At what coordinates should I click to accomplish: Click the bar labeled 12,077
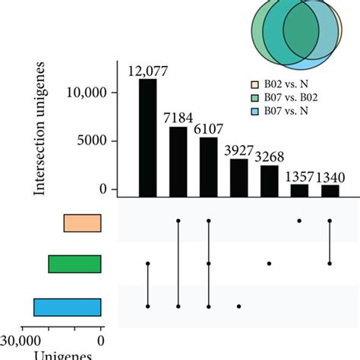[x=147, y=137]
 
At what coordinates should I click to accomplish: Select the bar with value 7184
[x=178, y=160]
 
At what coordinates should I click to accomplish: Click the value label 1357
[x=299, y=176]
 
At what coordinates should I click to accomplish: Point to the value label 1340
[x=330, y=176]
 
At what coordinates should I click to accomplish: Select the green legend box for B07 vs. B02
[x=256, y=98]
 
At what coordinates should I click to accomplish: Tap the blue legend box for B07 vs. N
[x=256, y=110]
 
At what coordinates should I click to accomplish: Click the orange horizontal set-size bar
[x=82, y=223]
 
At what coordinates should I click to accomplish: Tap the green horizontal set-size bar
[x=74, y=264]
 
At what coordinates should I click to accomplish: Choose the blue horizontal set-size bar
[x=67, y=306]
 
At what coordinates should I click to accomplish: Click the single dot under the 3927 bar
[x=238, y=306]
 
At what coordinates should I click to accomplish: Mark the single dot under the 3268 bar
[x=269, y=264]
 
